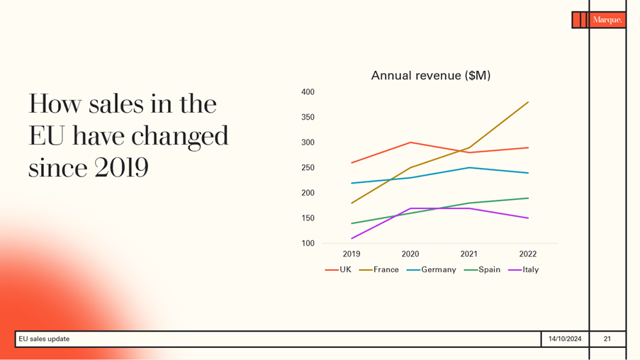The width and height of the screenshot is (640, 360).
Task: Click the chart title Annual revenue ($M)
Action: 430,75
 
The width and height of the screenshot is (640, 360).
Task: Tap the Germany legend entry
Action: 432,269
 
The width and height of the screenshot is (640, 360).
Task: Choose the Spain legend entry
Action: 483,269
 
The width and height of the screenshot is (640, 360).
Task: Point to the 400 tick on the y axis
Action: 308,92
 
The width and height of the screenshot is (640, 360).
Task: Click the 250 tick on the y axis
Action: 308,168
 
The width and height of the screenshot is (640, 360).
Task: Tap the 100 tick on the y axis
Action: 308,243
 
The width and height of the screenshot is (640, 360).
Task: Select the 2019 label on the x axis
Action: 352,254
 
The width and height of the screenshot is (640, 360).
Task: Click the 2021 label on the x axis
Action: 468,254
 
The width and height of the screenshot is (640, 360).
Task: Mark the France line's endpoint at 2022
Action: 528,102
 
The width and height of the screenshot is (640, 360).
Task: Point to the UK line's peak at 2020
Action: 410,142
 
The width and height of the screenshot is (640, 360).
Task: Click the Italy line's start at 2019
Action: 352,238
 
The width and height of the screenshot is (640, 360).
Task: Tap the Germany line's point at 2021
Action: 468,168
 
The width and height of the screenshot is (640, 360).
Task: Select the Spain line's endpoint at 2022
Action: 528,198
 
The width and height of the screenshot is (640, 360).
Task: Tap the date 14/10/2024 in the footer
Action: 565,339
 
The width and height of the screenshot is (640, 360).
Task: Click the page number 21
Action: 607,339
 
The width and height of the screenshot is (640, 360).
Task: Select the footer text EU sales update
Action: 44,339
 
